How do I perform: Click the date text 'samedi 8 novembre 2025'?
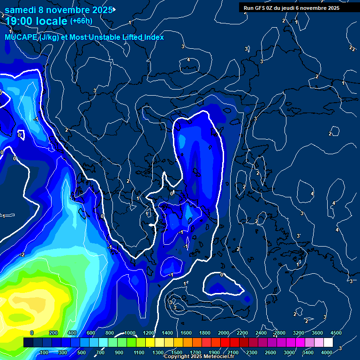coord(59,10)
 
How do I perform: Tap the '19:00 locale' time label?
coord(37,21)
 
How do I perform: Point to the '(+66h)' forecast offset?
coord(81,21)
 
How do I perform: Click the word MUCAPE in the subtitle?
coord(21,37)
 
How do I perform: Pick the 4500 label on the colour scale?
coord(336,333)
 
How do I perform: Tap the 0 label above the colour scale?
coord(32,333)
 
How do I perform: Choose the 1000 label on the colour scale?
coord(129,333)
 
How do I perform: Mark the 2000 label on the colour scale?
coord(224,333)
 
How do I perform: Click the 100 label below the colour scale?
coord(44,352)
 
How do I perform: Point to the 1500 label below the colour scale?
coord(177,352)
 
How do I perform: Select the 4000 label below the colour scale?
coord(327,352)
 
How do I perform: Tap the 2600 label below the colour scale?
coord(270,352)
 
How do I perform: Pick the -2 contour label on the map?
coord(22,255)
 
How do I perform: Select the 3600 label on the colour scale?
coord(317,333)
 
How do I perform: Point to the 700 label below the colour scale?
coord(100,352)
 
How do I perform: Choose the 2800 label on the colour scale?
coord(280,333)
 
